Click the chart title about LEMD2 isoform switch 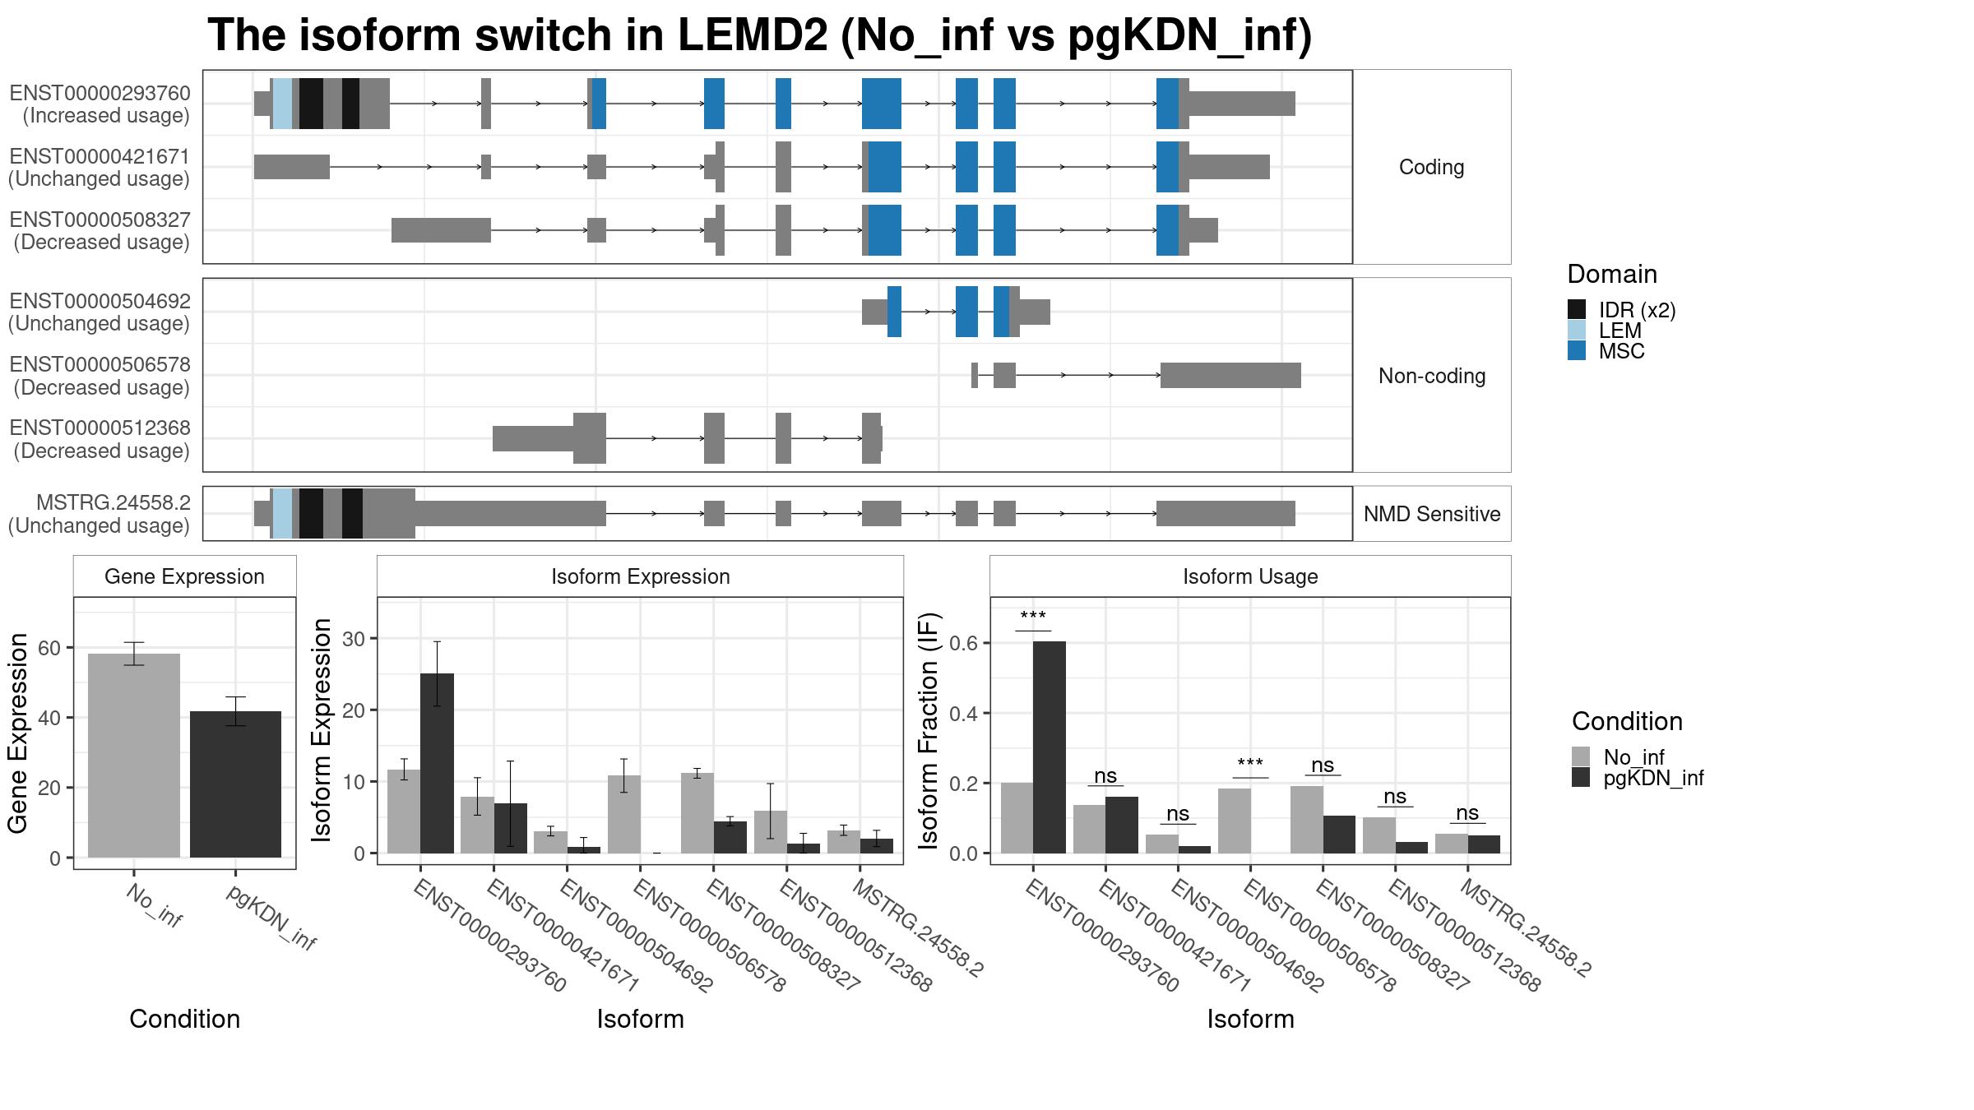tap(759, 36)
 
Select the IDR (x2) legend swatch tap(1577, 309)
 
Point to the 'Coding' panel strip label tap(1431, 167)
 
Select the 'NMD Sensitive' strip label tap(1432, 514)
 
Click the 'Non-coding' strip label tap(1432, 376)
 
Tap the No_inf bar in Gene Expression tap(134, 756)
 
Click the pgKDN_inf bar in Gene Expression tap(235, 784)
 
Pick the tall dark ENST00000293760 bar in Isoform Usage tap(1050, 747)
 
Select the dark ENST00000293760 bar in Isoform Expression tap(437, 763)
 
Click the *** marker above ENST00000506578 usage tap(1250, 764)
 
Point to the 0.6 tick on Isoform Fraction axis tap(964, 642)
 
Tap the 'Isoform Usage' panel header tap(1250, 576)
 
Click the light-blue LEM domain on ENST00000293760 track tap(283, 104)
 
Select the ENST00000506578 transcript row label tap(100, 376)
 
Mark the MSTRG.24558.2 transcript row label tap(100, 514)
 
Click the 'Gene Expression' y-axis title tap(18, 733)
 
